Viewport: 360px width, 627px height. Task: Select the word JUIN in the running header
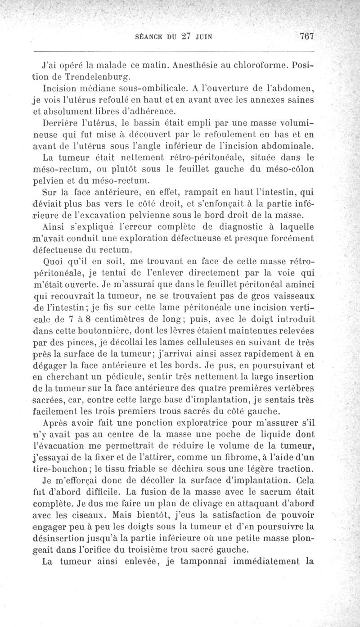click(x=204, y=38)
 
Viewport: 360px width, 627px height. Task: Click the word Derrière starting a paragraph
click(x=60, y=122)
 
